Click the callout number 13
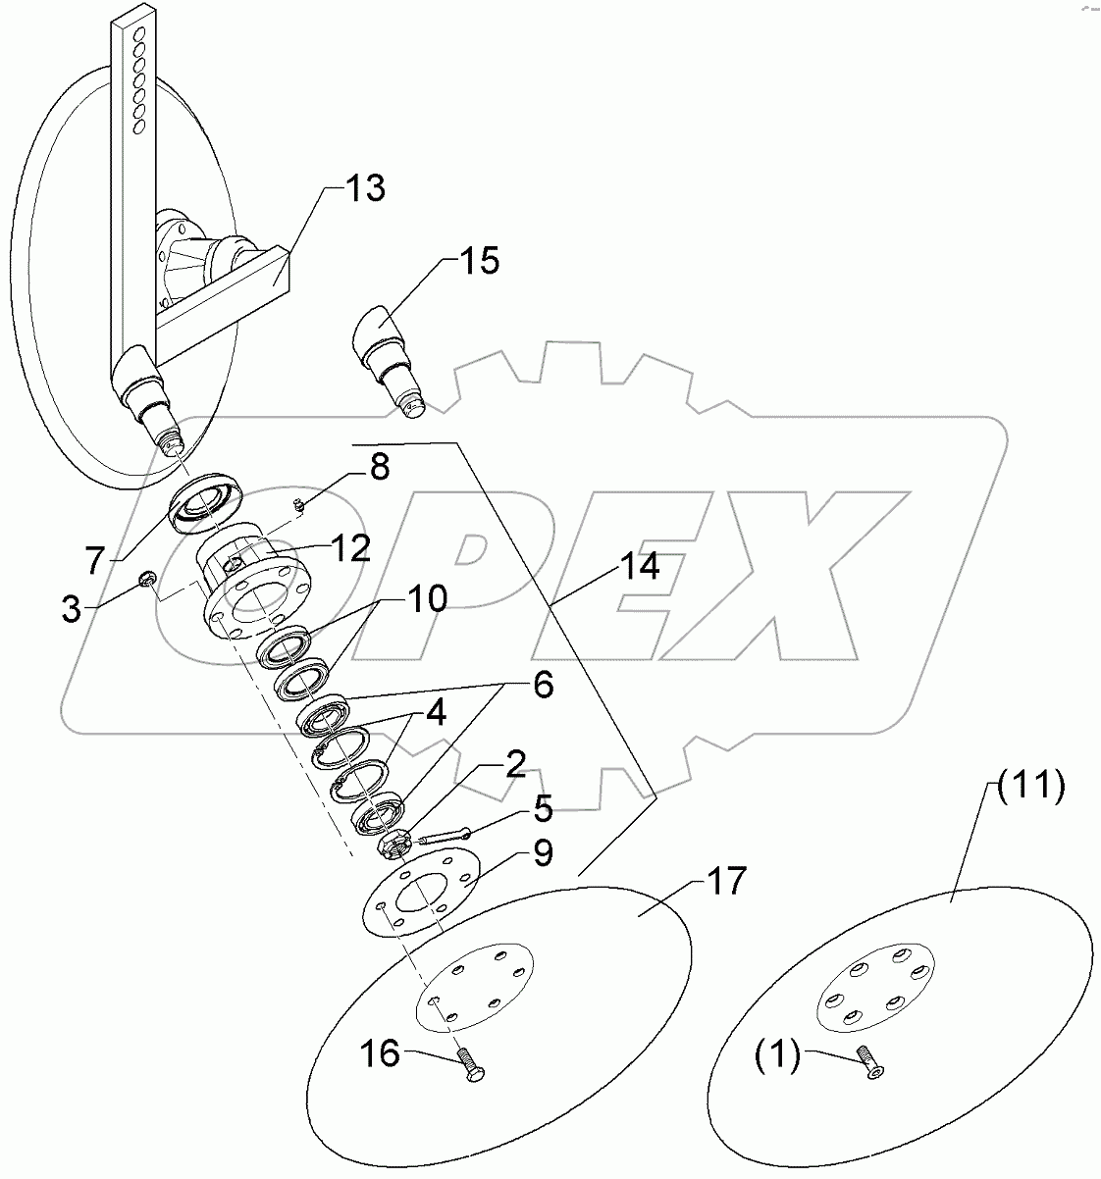(363, 188)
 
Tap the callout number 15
(477, 261)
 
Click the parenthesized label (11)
(1030, 788)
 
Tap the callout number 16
(380, 1055)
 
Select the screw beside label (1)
(867, 1062)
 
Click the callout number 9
(542, 853)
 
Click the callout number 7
(93, 561)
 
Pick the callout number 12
(348, 547)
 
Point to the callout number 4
(433, 713)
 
